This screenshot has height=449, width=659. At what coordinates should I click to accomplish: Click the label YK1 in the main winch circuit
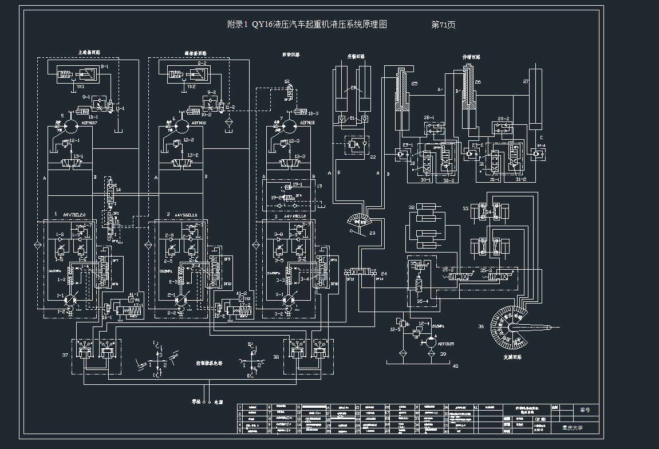80,87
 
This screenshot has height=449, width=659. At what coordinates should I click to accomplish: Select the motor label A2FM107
89,123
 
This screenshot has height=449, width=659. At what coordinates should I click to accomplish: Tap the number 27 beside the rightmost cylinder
526,81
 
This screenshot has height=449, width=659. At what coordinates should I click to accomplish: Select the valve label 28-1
429,117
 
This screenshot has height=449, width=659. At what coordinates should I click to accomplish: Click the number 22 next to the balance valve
373,157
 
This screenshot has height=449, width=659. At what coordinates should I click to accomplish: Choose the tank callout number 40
455,365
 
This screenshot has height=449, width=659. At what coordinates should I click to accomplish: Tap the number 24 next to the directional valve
384,274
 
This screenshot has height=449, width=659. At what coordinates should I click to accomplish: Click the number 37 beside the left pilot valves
64,355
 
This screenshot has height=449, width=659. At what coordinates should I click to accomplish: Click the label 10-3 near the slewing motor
312,113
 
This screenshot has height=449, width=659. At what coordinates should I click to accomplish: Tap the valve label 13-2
194,155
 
